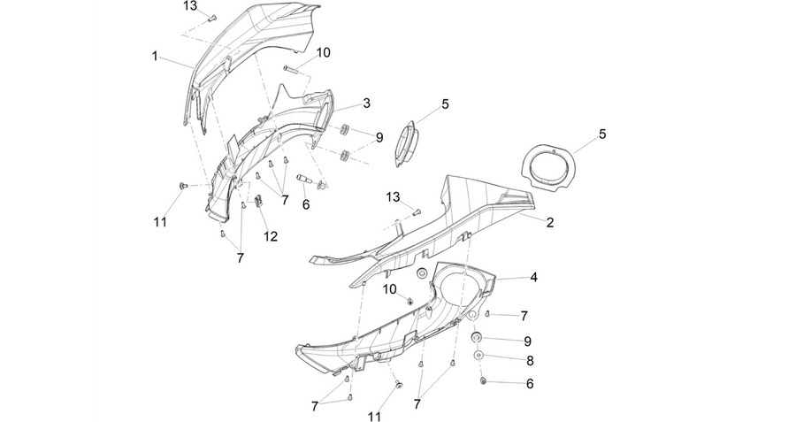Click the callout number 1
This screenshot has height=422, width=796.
click(154, 56)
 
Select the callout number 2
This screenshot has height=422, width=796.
click(550, 222)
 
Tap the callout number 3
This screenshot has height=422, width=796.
click(366, 104)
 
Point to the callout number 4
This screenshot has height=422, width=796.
click(533, 278)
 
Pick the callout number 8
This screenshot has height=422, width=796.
click(530, 361)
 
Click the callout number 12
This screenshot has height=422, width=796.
click(271, 236)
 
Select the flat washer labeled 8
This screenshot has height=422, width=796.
click(478, 355)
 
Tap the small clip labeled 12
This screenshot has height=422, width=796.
click(258, 201)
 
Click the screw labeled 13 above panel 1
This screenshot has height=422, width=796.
click(212, 19)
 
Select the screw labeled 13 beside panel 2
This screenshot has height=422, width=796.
click(417, 212)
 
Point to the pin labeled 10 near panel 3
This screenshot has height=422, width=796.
click(291, 70)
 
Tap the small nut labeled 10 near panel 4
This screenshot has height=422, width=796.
click(409, 301)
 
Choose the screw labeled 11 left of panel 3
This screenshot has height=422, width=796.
click(181, 186)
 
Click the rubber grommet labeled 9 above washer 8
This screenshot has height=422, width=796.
click(477, 338)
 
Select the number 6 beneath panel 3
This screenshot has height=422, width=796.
click(306, 204)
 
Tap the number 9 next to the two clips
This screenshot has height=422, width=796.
click(379, 138)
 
